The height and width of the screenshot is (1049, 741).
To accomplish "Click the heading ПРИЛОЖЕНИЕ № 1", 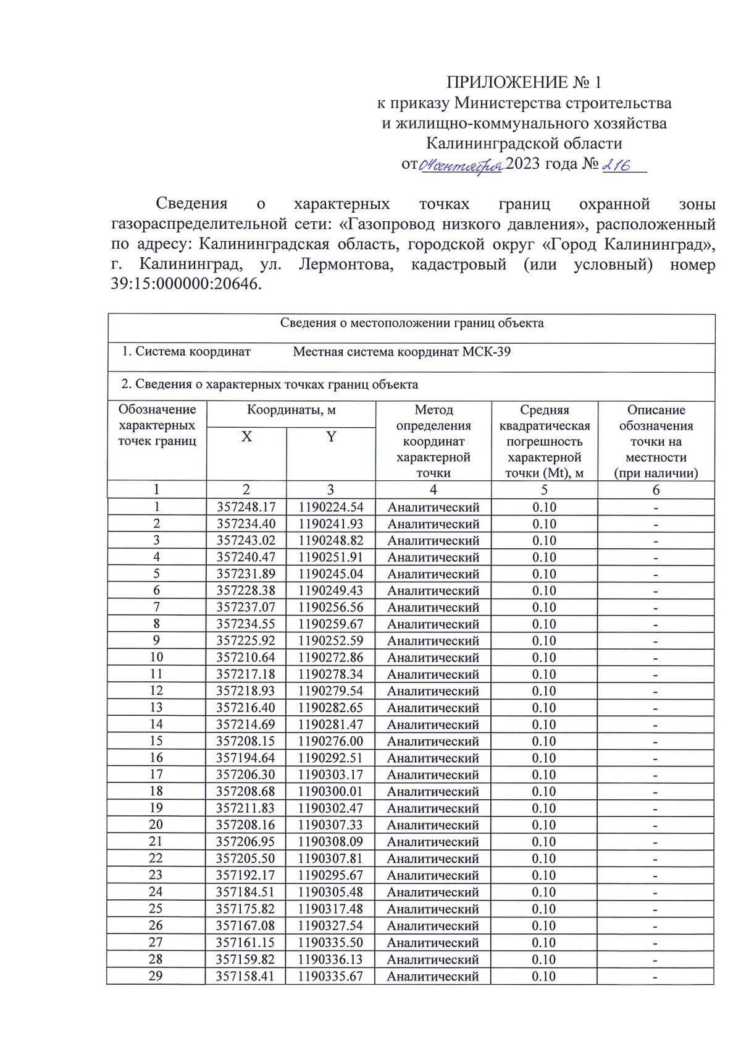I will tap(524, 82).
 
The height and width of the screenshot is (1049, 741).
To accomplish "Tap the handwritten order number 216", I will tap(616, 165).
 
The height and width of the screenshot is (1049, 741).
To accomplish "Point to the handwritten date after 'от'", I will tap(461, 166).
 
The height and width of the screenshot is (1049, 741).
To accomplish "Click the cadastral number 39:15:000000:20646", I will tap(186, 284).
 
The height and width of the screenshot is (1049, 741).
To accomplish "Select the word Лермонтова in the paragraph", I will tap(346, 265).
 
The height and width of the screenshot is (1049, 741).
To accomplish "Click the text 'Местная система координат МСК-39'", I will tap(401, 352).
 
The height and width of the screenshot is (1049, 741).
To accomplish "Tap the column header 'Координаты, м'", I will tap(291, 410).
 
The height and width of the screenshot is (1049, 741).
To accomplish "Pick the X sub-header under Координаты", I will tap(246, 436).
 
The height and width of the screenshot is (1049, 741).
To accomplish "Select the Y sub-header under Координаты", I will tap(331, 436).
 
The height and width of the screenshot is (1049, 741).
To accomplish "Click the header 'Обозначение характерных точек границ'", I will tap(157, 425).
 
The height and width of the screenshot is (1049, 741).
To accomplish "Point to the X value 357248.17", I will tap(246, 508).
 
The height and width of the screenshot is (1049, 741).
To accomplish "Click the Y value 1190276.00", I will tap(330, 741).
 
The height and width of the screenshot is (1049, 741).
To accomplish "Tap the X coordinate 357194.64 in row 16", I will tap(246, 758).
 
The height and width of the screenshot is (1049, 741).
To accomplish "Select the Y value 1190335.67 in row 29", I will tap(330, 976).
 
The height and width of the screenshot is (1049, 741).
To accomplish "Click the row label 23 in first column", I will tap(156, 875).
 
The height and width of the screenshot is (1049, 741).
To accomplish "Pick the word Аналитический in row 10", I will tap(433, 658).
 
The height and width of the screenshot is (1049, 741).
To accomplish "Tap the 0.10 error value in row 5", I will tap(544, 574).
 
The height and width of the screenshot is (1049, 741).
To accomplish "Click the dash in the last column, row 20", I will tap(655, 825).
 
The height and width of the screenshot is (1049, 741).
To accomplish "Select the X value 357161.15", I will tap(245, 943).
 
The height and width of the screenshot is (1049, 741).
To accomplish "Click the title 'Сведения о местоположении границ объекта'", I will tap(412, 323).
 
